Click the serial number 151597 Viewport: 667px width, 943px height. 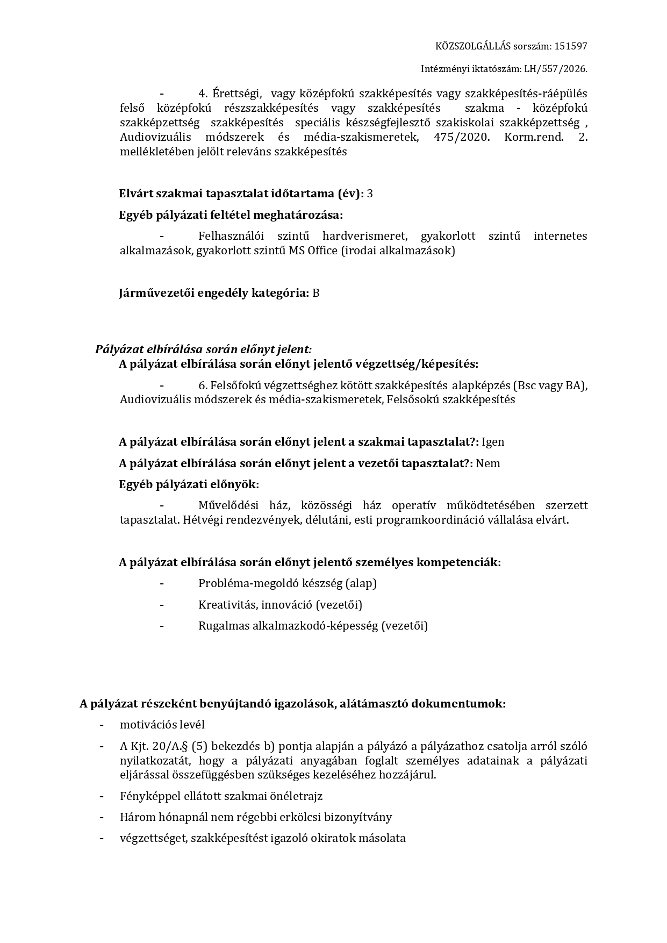point(570,46)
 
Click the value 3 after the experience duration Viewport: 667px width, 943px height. point(370,194)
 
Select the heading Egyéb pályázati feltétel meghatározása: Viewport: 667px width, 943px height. point(231,215)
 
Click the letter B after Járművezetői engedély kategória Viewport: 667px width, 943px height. point(316,293)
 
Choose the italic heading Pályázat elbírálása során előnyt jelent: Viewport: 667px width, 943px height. point(203,349)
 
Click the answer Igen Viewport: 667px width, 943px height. point(493,442)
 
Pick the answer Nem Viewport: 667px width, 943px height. point(488,463)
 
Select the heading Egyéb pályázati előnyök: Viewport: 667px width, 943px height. point(189,484)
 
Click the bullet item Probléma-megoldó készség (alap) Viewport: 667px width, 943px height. point(287,583)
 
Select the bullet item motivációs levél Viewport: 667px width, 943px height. point(162,725)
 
